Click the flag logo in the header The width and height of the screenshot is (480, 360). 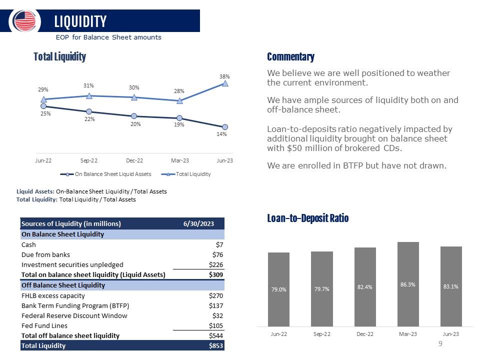click(x=25, y=21)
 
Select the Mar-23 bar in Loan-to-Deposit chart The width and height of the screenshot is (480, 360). click(x=408, y=284)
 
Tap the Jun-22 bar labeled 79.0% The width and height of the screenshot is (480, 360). click(x=279, y=289)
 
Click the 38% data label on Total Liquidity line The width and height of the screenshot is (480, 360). click(x=224, y=76)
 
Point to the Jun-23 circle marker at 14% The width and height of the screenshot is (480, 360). click(x=225, y=127)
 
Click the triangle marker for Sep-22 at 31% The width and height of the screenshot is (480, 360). click(x=89, y=95)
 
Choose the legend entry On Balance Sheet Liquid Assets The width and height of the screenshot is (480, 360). click(x=108, y=174)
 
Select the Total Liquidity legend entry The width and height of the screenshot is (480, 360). click(x=187, y=174)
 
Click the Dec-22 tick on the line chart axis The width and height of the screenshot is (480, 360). click(x=134, y=160)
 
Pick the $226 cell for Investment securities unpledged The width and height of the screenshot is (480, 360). click(x=215, y=264)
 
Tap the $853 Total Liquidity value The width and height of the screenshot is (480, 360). click(x=215, y=345)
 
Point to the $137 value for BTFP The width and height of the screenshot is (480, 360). click(x=215, y=305)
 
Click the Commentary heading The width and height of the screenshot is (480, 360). click(x=290, y=57)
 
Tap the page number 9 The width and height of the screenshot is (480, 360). click(x=440, y=343)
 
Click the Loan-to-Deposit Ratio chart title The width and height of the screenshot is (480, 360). click(x=307, y=218)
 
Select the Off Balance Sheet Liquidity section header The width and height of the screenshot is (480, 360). click(x=63, y=285)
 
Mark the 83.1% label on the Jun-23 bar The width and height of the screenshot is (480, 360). click(x=451, y=286)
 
